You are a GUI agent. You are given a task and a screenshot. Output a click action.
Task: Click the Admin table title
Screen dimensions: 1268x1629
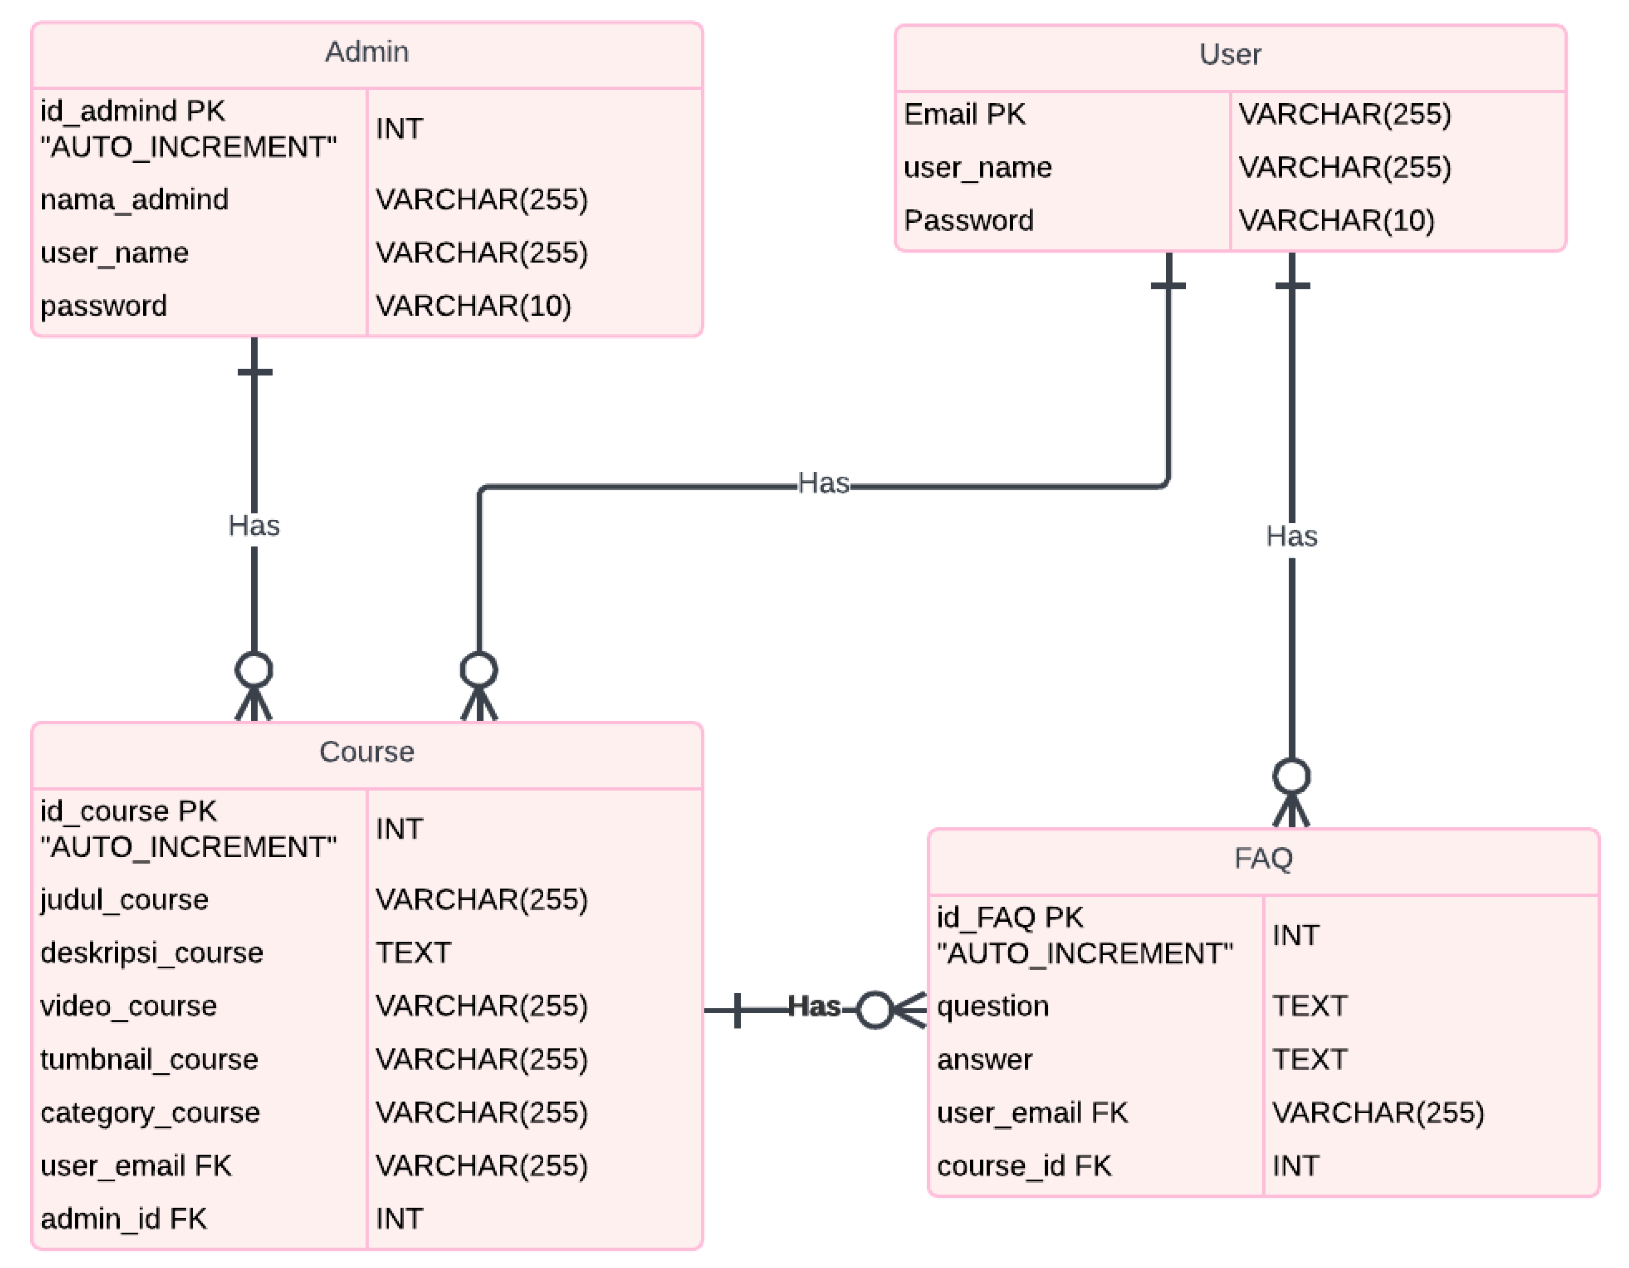tap(366, 52)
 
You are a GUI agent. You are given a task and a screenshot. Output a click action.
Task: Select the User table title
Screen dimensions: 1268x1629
tap(1229, 54)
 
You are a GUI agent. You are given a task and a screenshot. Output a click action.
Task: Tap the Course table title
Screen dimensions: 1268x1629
tap(366, 752)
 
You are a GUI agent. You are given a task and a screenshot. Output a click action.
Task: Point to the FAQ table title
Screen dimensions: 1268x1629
tap(1263, 858)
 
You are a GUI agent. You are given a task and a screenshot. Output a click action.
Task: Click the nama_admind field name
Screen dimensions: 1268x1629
tap(134, 200)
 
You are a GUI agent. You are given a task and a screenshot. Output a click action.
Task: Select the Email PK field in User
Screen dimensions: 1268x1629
tap(964, 114)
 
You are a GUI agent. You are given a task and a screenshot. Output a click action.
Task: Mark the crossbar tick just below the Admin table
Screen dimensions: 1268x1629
tap(254, 371)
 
